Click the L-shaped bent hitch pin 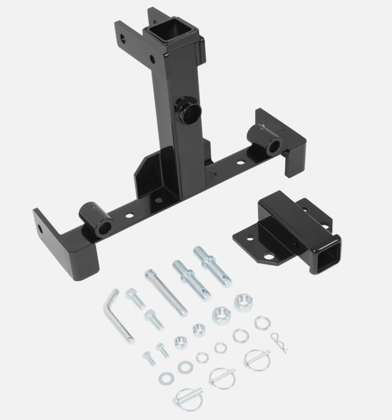tap(116, 318)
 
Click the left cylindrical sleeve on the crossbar tap(97, 219)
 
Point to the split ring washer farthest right tap(262, 323)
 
